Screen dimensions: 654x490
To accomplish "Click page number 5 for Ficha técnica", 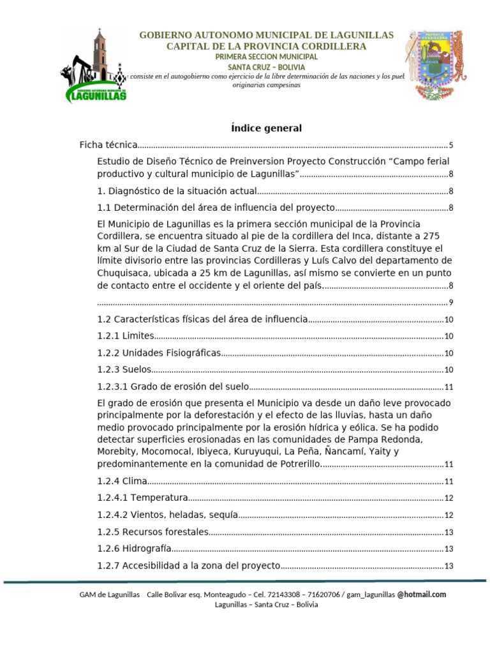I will click(x=450, y=146).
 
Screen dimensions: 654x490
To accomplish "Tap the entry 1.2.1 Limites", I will click(x=126, y=336).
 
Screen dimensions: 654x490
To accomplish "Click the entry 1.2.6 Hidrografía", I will click(x=135, y=548).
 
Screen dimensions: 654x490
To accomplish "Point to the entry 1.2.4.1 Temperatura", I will click(x=143, y=498).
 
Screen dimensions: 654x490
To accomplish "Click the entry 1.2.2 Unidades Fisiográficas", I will click(x=159, y=353).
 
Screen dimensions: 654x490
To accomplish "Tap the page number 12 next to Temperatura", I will click(x=449, y=498).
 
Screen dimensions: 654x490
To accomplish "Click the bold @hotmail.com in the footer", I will click(x=422, y=595).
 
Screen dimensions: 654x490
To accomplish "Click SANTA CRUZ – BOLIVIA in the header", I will click(x=267, y=66).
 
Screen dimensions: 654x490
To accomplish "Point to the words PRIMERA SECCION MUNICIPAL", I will click(x=267, y=57).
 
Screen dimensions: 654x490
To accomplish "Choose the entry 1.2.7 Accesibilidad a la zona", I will click(x=189, y=565).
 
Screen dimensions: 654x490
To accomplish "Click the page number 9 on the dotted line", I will click(x=450, y=303).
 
